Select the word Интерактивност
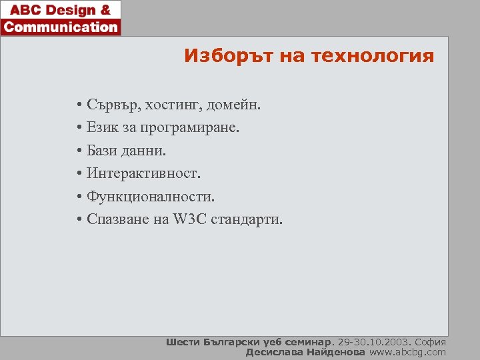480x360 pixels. pos(143,173)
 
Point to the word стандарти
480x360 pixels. pos(247,219)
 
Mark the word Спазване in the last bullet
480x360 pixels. pos(117,219)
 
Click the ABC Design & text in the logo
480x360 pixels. pos(61,11)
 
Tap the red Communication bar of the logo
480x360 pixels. pos(61,27)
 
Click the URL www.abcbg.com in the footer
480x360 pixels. pos(407,352)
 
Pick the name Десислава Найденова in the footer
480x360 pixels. pos(305,352)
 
